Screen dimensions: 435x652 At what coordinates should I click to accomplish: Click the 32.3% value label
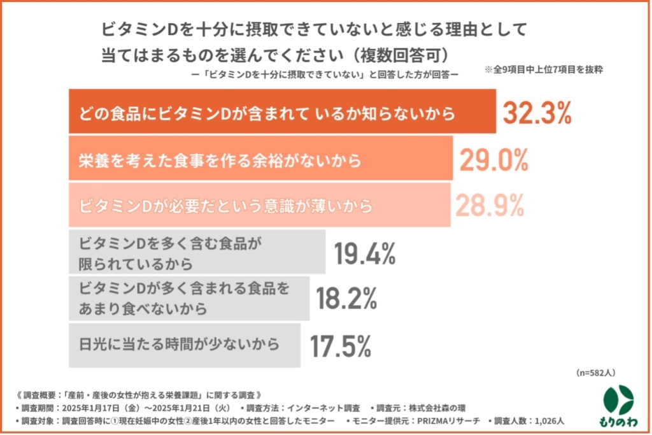(x=537, y=113)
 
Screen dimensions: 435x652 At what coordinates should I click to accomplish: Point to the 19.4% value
(x=365, y=254)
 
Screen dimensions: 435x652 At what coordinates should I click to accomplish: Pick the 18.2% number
(x=348, y=299)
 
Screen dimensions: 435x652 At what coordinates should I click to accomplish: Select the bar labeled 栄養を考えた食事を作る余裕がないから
(x=260, y=160)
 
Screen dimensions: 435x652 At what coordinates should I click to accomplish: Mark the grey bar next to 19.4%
(x=197, y=253)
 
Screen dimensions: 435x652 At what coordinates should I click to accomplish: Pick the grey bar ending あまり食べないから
(x=188, y=299)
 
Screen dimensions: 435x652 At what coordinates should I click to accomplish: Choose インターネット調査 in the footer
(x=325, y=407)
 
